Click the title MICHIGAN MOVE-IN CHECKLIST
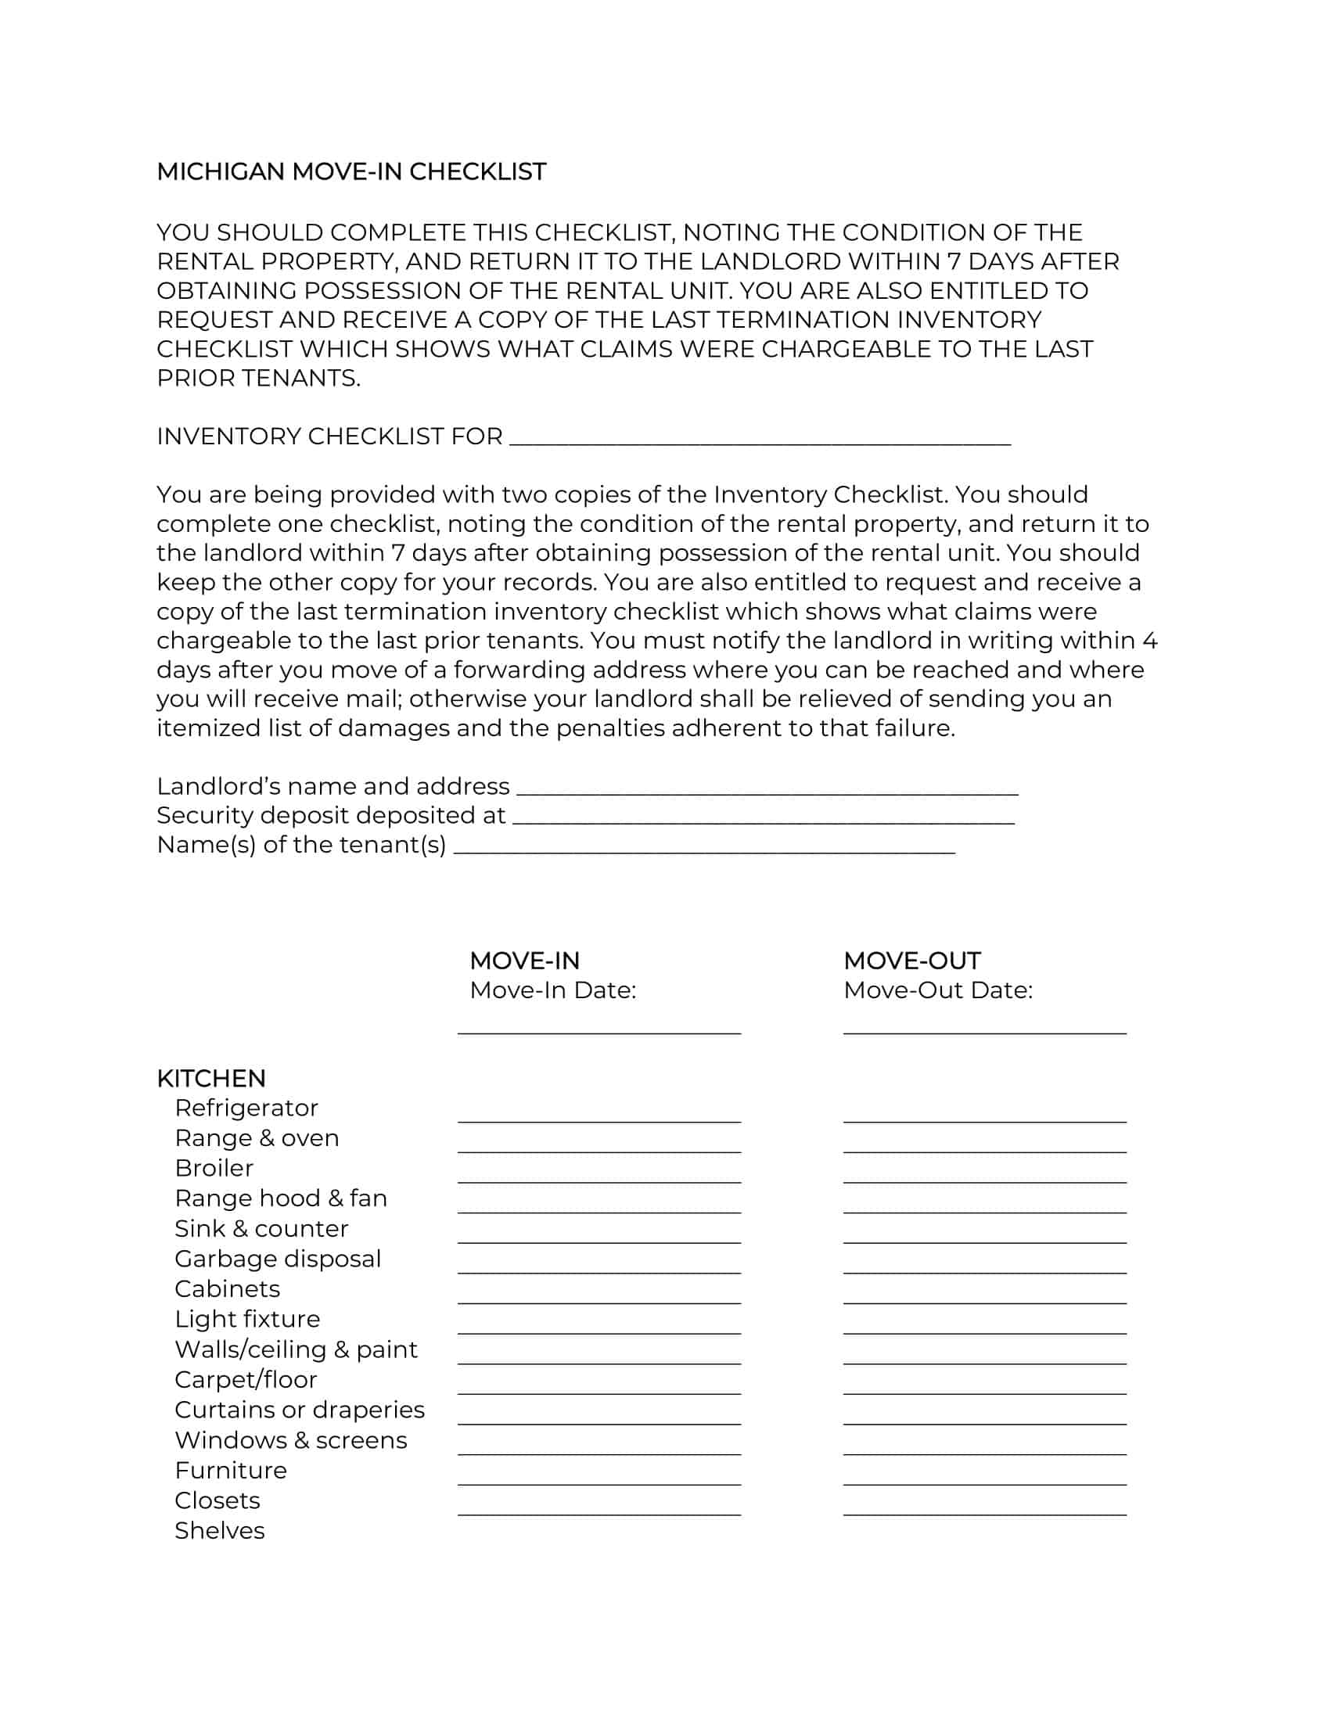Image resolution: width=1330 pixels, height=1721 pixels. point(351,172)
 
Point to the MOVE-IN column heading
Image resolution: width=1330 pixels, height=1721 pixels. point(524,961)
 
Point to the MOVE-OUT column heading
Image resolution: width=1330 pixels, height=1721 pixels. point(911,961)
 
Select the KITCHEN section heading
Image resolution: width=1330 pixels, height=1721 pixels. point(211,1078)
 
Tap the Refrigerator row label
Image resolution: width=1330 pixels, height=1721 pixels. point(246,1108)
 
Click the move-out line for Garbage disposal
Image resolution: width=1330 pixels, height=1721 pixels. point(984,1271)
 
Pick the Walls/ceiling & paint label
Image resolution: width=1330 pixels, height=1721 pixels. point(296,1349)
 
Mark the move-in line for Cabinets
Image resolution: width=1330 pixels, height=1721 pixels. point(598,1302)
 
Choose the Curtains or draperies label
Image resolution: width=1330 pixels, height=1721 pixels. point(300,1410)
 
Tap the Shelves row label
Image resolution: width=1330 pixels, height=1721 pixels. point(219,1530)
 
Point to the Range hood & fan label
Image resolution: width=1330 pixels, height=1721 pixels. point(281,1198)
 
